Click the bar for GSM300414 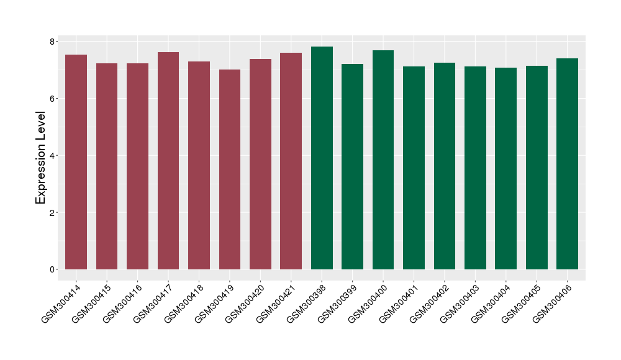click(x=76, y=162)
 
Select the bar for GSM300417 click(x=168, y=161)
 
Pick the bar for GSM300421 click(x=291, y=161)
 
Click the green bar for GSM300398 click(x=322, y=158)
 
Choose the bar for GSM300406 click(x=567, y=164)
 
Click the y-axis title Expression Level click(x=41, y=158)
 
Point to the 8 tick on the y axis click(x=53, y=42)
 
